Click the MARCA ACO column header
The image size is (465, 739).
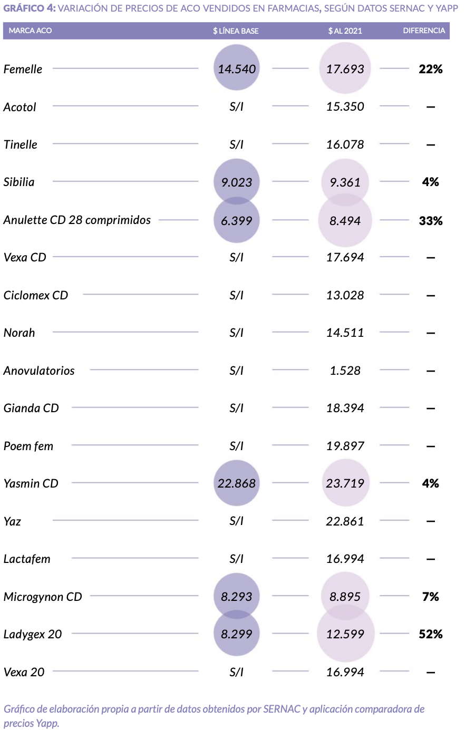(x=30, y=31)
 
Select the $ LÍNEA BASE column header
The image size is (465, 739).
(x=236, y=31)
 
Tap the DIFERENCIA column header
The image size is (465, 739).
(x=424, y=31)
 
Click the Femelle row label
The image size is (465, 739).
(x=23, y=69)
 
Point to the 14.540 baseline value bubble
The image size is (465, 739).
(x=237, y=69)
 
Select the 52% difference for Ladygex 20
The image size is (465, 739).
(x=430, y=634)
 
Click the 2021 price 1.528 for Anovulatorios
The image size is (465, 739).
(x=345, y=371)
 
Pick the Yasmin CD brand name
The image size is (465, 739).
(x=31, y=483)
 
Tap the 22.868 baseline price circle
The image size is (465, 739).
(x=237, y=483)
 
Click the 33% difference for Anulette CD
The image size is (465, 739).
(x=430, y=221)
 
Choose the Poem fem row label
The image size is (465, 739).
(x=28, y=446)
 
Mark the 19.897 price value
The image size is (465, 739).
(x=345, y=446)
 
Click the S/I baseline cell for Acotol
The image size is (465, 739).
(x=237, y=106)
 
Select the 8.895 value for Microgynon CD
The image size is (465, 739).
(x=345, y=597)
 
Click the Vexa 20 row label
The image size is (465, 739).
(x=24, y=672)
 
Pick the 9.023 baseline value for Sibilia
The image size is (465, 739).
(x=237, y=182)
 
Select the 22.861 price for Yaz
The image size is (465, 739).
(x=345, y=521)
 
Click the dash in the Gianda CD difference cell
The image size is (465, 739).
(x=430, y=409)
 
